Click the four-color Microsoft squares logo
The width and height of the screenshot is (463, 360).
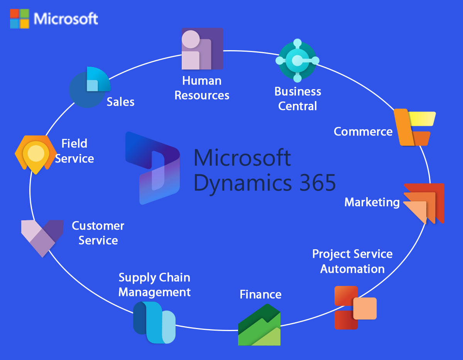pos(19,19)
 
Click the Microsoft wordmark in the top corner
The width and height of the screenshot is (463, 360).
pos(66,19)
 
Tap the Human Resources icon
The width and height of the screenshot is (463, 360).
pos(202,49)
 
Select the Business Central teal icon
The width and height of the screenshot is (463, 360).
pos(297,61)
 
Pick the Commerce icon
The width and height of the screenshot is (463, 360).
pos(414,127)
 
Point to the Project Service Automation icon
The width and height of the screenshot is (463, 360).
pos(355,308)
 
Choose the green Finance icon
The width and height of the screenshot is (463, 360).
pos(259,325)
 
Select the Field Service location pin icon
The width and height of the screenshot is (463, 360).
pos(35,154)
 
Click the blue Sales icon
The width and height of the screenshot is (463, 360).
pos(90,87)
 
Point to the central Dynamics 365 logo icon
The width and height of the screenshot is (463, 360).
pos(152,168)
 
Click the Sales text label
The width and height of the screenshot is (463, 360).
pos(120,102)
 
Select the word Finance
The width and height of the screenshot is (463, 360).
pos(260,294)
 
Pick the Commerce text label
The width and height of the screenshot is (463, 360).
pos(363,132)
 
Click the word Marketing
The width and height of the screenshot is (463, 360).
pos(372,202)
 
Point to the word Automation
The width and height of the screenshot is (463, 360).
pos(352,269)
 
